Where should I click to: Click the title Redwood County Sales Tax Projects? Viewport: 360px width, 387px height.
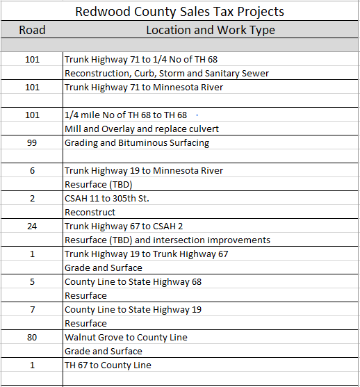click(x=179, y=12)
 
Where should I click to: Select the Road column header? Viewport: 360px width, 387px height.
click(x=32, y=30)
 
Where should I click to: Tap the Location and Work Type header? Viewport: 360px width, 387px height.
click(x=210, y=30)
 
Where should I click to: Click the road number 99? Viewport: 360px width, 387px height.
click(x=32, y=142)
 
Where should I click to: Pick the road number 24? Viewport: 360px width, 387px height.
click(x=32, y=226)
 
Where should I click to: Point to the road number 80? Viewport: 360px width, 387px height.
click(x=32, y=337)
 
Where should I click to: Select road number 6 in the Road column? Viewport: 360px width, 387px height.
click(x=32, y=170)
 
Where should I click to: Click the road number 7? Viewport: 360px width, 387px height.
click(x=32, y=309)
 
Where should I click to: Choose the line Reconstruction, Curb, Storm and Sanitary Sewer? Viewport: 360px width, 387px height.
click(x=167, y=73)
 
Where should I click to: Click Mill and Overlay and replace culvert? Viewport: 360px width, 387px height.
click(x=142, y=129)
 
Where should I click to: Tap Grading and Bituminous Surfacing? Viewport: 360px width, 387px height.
click(x=137, y=142)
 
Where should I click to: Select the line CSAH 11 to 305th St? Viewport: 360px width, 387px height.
click(x=107, y=198)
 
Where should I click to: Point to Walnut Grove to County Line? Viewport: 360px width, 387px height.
click(x=126, y=337)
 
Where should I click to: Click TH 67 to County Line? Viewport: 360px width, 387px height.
click(x=108, y=365)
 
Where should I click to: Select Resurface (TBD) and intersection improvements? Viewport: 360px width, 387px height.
click(x=167, y=240)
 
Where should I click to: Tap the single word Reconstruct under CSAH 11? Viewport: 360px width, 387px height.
click(x=90, y=212)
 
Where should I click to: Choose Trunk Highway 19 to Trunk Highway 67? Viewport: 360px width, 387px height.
click(x=147, y=254)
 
